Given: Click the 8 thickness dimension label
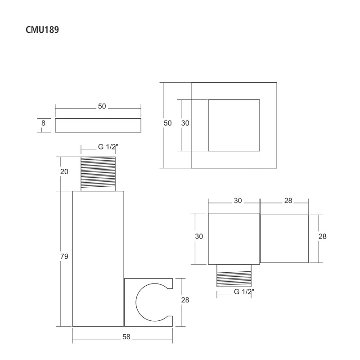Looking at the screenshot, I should pyautogui.click(x=43, y=123).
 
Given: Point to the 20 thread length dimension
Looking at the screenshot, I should pyautogui.click(x=64, y=171).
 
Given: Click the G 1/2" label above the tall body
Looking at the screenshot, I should pyautogui.click(x=108, y=147).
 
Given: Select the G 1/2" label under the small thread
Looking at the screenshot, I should pyautogui.click(x=244, y=292).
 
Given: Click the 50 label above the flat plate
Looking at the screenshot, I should pyautogui.click(x=102, y=107).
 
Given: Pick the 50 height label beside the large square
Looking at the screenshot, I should pyautogui.click(x=168, y=123).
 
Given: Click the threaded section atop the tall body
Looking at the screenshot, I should pyautogui.click(x=98, y=173).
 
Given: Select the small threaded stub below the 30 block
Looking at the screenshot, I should pyautogui.click(x=234, y=275).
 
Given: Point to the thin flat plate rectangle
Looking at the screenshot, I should pyautogui.click(x=98, y=126).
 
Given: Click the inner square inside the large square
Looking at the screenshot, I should pyautogui.click(x=234, y=125).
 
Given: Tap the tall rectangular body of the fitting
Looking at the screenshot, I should pyautogui.click(x=98, y=258).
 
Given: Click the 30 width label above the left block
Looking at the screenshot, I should pyautogui.click(x=238, y=201).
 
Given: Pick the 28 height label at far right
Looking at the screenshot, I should pyautogui.click(x=322, y=236).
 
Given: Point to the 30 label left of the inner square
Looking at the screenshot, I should pyautogui.click(x=185, y=123).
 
